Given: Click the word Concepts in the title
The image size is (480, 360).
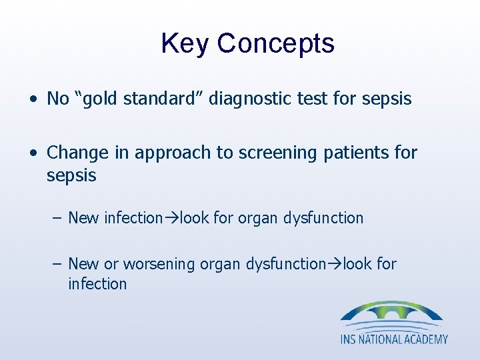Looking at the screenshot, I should pos(275,44).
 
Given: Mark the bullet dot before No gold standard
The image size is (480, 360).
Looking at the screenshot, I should pos(33,100).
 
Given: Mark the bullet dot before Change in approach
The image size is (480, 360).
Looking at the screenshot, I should pos(33,153).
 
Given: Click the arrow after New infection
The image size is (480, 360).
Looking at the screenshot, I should pos(171,218).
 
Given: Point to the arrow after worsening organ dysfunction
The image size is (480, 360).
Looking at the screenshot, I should pos(334,265).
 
